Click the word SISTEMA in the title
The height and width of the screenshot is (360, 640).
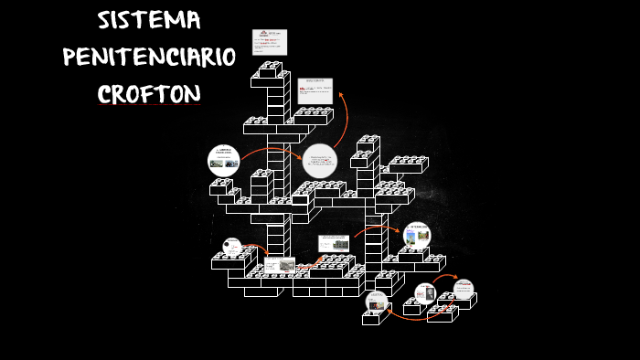point(150,21)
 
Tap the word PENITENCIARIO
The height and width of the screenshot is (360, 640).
point(149,57)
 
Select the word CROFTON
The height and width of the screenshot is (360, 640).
point(149,93)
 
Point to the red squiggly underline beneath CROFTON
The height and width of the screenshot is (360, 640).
point(149,105)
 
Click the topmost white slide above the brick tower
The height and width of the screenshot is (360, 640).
point(270,42)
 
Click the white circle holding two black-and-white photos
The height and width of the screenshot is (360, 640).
point(224,161)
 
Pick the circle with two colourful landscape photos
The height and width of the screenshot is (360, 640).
point(417,235)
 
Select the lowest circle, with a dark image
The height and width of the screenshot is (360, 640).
point(377,302)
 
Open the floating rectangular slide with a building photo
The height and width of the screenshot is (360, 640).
point(333,243)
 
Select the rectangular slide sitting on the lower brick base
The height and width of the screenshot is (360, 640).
point(280,266)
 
